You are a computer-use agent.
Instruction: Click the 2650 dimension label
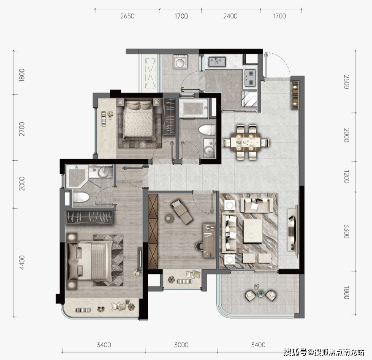127,16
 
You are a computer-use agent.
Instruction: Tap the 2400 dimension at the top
230,16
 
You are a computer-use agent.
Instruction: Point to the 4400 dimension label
22,262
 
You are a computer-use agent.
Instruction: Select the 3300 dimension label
346,232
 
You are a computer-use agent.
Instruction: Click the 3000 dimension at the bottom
181,345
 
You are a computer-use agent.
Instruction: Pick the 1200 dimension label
346,177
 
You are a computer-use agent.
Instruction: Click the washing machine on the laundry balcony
180,62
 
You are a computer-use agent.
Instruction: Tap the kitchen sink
217,62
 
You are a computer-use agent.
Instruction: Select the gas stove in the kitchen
250,78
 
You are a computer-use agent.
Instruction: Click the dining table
246,142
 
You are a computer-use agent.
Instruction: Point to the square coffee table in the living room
253,231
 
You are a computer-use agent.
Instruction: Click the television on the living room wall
293,230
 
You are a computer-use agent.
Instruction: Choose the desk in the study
209,240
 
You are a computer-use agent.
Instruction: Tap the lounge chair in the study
182,211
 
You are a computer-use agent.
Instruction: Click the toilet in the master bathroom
81,197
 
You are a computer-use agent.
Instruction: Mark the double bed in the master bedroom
90,261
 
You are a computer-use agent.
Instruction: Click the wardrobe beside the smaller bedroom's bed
170,117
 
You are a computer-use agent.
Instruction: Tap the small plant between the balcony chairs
261,294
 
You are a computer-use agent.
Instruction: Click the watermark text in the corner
324,352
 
